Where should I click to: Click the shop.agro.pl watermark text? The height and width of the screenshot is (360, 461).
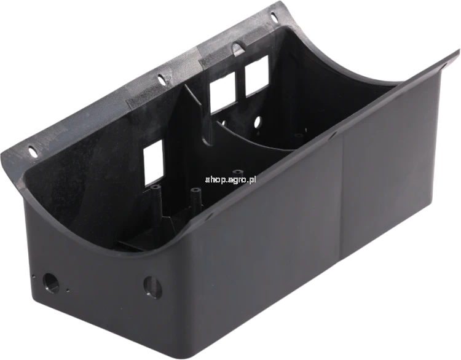click(x=230, y=179)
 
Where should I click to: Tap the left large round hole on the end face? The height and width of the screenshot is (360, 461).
click(x=51, y=282)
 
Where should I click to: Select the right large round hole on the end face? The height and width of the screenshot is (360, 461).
click(x=153, y=287)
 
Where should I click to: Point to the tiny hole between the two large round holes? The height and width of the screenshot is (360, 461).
click(x=68, y=291)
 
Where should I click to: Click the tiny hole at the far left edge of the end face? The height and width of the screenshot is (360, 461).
click(x=34, y=276)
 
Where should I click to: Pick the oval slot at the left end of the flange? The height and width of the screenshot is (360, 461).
click(x=32, y=151)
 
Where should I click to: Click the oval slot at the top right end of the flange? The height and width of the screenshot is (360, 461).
click(x=274, y=17)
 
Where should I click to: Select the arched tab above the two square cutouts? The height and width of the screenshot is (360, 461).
click(x=237, y=47)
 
